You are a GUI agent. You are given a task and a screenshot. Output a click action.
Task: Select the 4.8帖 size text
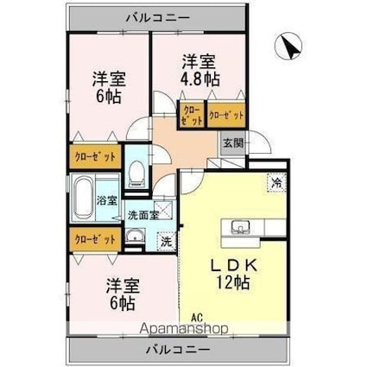pyautogui.click(x=199, y=79)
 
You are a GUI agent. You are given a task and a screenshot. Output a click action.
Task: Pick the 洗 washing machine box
pyautogui.click(x=166, y=242)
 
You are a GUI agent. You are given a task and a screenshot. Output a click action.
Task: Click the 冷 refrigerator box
pyautogui.click(x=276, y=183)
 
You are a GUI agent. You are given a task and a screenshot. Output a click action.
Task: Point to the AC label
pyautogui.click(x=185, y=318)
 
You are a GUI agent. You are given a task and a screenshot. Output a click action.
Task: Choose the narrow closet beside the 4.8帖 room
pyautogui.click(x=192, y=114)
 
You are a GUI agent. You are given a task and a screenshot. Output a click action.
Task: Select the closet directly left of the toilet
pyautogui.click(x=94, y=157)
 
